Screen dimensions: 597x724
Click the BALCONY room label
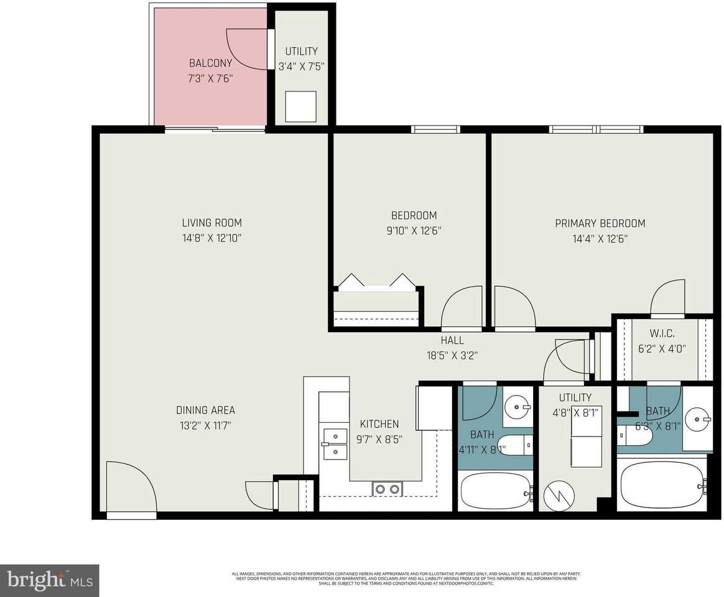coord(211,63)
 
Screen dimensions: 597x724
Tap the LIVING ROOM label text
coord(211,223)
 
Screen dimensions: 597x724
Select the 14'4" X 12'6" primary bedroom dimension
coord(600,238)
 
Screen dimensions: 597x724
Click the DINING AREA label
coord(205,410)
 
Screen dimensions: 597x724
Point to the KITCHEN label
coord(379,424)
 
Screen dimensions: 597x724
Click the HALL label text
coord(452,340)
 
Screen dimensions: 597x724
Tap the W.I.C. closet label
coord(662,334)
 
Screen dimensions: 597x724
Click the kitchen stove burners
coord(386,489)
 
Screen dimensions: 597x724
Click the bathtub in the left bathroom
coord(495,491)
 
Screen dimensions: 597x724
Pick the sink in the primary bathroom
coord(699,419)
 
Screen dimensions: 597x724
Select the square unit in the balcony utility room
coord(300,107)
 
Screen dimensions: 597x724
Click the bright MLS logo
coord(49,581)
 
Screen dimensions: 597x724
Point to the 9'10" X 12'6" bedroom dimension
coord(414,231)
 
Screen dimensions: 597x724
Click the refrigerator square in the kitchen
coord(434,407)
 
